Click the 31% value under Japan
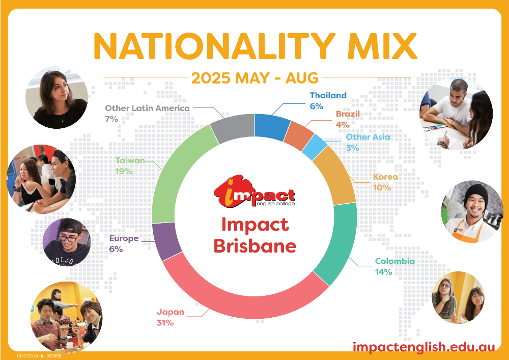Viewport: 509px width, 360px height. (x=165, y=323)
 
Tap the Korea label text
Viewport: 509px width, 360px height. (x=385, y=177)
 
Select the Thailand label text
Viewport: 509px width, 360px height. (x=328, y=95)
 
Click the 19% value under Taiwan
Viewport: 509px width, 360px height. (x=124, y=171)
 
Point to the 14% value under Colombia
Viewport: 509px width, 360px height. (x=383, y=272)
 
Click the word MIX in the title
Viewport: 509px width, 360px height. (x=382, y=46)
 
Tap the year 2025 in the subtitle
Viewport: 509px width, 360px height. (x=211, y=78)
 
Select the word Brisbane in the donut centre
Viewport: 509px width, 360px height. (x=255, y=246)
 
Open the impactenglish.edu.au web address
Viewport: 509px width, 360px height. (x=423, y=346)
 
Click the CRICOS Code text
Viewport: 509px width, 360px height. (x=39, y=356)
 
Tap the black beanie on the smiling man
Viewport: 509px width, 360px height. (x=475, y=194)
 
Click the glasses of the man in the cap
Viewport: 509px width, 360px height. (x=69, y=238)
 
